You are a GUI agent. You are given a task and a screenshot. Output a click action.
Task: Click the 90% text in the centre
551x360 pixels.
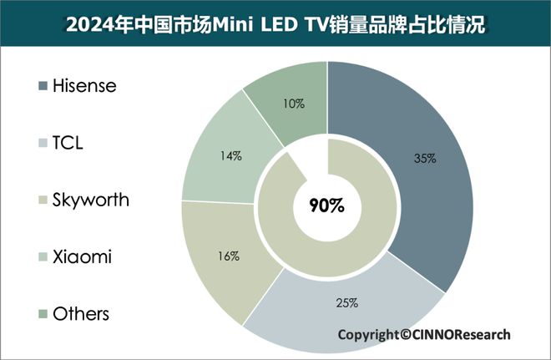[326, 206]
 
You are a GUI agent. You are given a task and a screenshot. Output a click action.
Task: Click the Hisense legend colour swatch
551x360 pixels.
[42, 86]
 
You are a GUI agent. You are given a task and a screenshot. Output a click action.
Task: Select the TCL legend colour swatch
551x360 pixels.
[42, 143]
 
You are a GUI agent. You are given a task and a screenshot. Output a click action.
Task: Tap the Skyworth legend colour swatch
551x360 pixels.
[42, 200]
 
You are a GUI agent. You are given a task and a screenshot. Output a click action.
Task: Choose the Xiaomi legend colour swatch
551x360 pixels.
[42, 257]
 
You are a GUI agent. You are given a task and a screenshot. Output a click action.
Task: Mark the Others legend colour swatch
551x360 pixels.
[42, 314]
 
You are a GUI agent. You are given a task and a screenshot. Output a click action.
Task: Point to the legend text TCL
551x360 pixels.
[68, 143]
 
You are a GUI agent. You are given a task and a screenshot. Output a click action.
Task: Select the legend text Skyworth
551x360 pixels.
[91, 200]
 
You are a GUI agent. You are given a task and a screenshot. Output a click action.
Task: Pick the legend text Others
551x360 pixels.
[81, 314]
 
